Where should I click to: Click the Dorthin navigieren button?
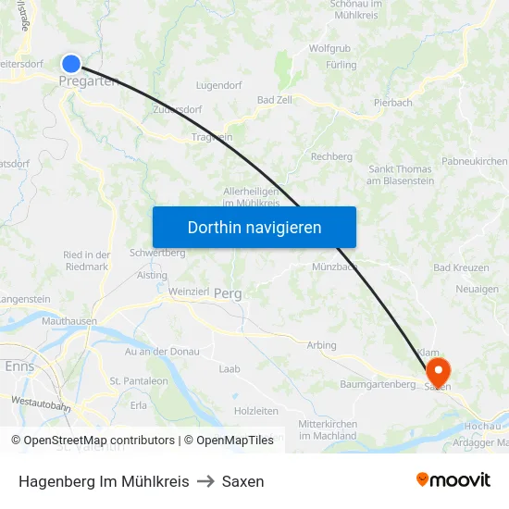[x=254, y=227]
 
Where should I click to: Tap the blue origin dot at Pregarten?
[x=71, y=63]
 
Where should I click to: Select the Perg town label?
[x=228, y=293]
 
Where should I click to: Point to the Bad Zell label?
[x=275, y=100]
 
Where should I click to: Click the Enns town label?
[x=19, y=366]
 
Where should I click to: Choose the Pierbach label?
[x=392, y=103]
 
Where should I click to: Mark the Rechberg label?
[x=331, y=157]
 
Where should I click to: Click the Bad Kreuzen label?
[x=461, y=267]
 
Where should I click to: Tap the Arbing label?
[x=321, y=345]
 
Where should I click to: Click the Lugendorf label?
[x=219, y=85]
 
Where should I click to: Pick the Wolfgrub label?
[x=329, y=48]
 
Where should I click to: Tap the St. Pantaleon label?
[x=139, y=380]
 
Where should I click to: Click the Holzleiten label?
[x=256, y=410]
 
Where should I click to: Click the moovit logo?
[x=453, y=480]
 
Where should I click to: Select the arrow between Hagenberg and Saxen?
[x=205, y=481]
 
